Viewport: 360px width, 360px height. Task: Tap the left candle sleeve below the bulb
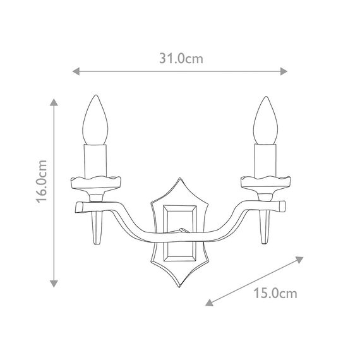point(95,159)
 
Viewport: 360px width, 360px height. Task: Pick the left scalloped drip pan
point(95,183)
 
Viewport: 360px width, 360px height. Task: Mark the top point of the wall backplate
point(180,179)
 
